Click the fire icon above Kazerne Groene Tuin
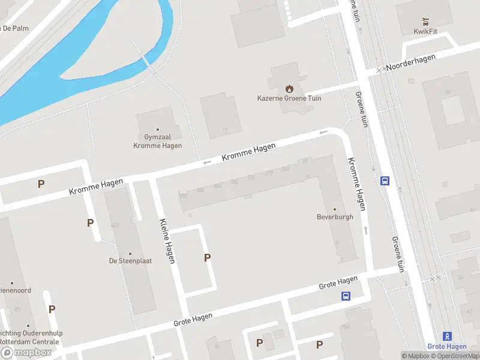point(290,88)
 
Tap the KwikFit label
point(424,32)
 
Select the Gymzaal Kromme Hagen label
point(158,141)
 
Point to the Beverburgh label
point(335,217)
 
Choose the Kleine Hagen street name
point(167,241)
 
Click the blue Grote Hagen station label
point(447,346)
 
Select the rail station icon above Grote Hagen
point(447,336)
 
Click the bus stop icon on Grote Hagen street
point(346,296)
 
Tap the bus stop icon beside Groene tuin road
point(385,181)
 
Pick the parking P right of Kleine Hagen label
point(208,257)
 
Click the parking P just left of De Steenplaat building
point(90,223)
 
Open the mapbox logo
point(26,353)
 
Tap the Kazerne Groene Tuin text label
point(290,98)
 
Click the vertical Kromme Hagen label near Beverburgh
point(358,184)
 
